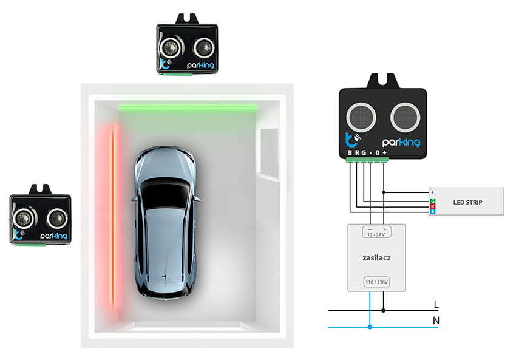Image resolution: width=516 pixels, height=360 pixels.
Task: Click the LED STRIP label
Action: (467, 202)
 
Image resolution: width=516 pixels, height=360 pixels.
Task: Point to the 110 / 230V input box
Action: (376, 282)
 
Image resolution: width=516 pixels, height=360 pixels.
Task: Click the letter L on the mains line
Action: (436, 304)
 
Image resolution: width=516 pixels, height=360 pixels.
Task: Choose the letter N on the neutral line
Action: (436, 320)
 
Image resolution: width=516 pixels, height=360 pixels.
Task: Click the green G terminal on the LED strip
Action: (432, 200)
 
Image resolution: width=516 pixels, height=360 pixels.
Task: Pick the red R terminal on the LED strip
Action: (432, 206)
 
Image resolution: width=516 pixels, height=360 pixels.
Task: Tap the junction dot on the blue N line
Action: (370, 327)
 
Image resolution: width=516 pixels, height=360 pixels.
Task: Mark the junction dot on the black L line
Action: (383, 310)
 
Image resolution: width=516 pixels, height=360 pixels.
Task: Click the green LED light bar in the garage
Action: (188, 107)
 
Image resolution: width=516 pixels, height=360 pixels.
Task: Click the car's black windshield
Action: (165, 198)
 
